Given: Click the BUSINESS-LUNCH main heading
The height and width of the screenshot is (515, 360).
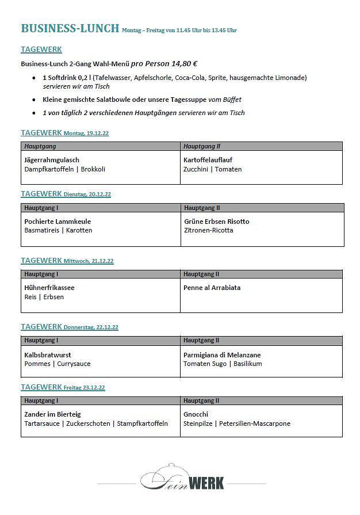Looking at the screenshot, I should tap(70, 28).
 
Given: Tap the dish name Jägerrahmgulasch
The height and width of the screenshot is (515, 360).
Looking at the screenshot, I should tap(52, 160).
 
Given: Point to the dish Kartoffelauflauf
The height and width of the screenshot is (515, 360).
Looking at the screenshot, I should tap(208, 160).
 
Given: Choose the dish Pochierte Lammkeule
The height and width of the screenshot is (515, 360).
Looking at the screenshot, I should tap(58, 222).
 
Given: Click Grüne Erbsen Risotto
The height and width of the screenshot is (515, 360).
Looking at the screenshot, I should tap(216, 222).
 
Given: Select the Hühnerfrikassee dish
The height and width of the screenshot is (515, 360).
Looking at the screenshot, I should tap(49, 288).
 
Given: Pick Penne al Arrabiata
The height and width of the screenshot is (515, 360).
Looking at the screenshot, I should tap(212, 288).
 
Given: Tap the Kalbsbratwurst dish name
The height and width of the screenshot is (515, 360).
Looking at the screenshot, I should tap(48, 355).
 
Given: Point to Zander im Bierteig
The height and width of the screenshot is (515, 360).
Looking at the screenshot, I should tap(52, 414).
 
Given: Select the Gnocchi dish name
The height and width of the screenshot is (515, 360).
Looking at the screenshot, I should tap(196, 414).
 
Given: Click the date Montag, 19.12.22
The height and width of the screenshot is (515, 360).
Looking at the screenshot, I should tap(86, 133).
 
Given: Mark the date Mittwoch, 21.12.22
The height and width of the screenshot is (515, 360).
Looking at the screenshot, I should tap(89, 261).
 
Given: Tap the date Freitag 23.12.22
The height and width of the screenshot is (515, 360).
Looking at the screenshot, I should tap(85, 388).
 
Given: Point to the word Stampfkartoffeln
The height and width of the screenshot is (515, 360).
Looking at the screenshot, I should tap(143, 424).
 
